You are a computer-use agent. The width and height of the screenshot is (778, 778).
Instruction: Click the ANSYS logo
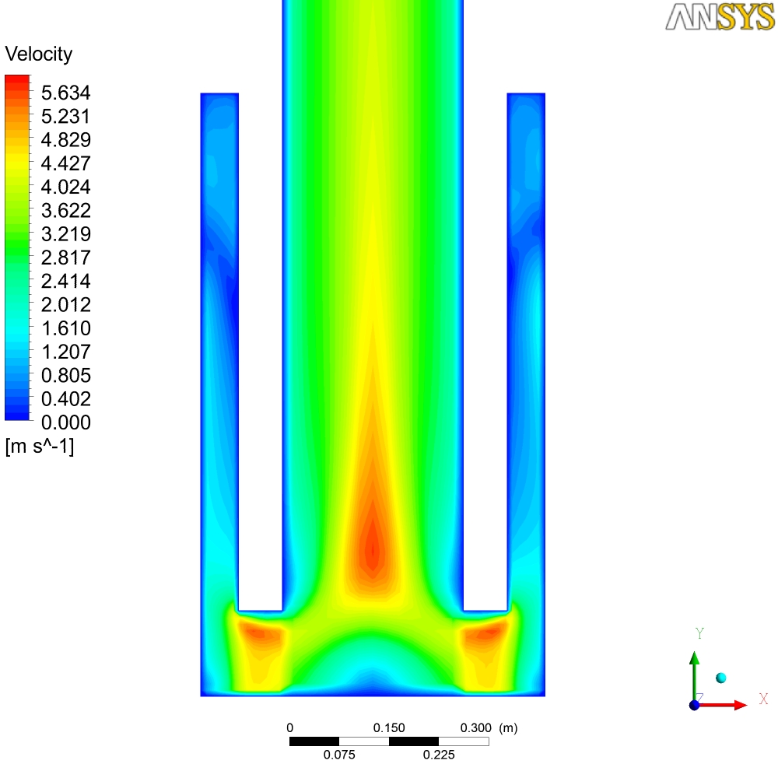coord(720,17)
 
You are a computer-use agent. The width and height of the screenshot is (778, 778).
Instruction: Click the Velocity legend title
coord(39,54)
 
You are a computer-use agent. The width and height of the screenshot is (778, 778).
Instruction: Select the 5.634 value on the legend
coord(65,93)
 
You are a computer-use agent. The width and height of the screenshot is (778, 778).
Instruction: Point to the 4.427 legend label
coord(65,163)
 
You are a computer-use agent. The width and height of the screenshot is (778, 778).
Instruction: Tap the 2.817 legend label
coord(65,258)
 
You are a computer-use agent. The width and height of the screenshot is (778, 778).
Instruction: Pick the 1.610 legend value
coord(65,328)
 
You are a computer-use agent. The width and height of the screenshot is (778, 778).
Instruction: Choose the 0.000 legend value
coord(65,422)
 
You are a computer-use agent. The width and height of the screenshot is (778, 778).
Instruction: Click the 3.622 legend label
coord(65,210)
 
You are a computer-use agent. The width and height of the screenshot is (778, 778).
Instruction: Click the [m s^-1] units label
coord(40,446)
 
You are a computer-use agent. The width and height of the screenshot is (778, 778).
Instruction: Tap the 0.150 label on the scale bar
coord(389,728)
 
